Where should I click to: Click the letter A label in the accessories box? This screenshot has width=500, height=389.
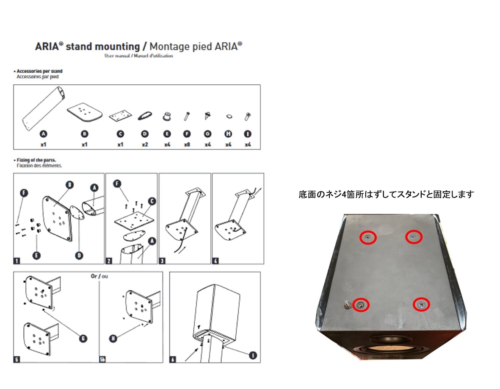pyautogui.click(x=43, y=134)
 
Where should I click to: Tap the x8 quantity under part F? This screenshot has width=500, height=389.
pyautogui.click(x=186, y=144)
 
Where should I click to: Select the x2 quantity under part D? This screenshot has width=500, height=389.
pyautogui.click(x=145, y=144)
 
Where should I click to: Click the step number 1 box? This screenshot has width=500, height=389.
pyautogui.click(x=17, y=261)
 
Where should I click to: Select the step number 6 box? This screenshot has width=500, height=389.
pyautogui.click(x=173, y=359)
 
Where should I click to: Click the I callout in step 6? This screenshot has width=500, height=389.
pyautogui.click(x=252, y=355)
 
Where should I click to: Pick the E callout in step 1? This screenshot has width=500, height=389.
pyautogui.click(x=36, y=255)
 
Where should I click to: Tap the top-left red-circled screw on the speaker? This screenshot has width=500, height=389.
pyautogui.click(x=368, y=238)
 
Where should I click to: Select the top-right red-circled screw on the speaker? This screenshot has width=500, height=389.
pyautogui.click(x=414, y=237)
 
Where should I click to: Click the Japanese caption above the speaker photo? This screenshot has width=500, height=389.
pyautogui.click(x=386, y=195)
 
